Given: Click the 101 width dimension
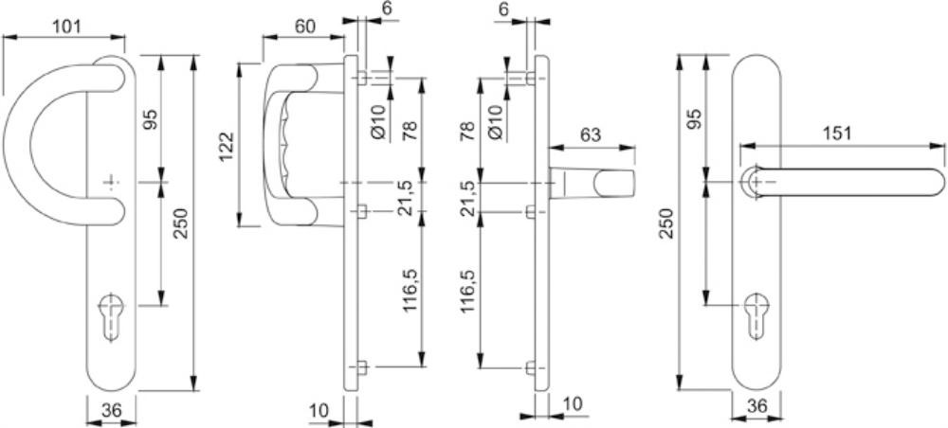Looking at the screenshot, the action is click(x=66, y=27).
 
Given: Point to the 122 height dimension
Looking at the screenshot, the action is click(x=227, y=146).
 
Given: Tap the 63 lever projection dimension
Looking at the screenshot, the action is click(x=590, y=134).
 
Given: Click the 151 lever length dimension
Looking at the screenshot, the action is click(x=837, y=134).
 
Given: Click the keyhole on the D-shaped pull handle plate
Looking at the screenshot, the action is click(x=109, y=317).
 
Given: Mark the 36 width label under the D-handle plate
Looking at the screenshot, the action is click(x=111, y=411).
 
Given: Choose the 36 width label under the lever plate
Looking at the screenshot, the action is click(x=756, y=406).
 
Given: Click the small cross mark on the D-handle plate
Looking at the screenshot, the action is click(x=110, y=183).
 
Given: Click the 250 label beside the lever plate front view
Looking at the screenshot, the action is click(x=665, y=223).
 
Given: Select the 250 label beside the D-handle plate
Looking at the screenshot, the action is click(x=181, y=223).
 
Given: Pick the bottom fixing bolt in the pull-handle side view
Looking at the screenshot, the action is click(x=361, y=367).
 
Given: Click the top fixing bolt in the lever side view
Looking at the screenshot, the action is click(x=530, y=79).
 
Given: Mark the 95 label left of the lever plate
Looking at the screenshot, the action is click(x=694, y=119).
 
